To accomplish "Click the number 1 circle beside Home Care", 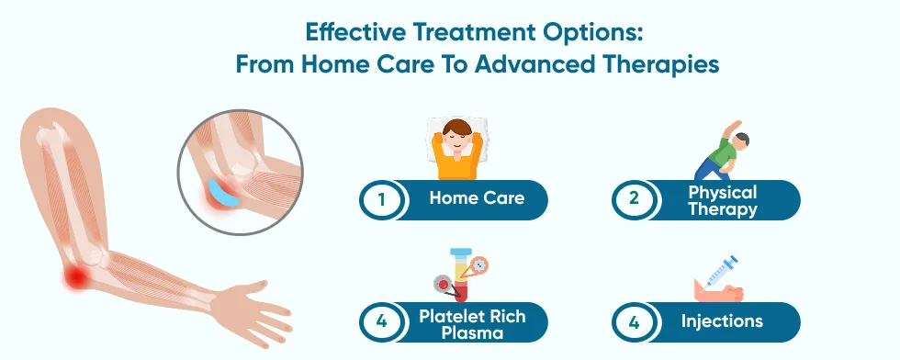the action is coord(382,200).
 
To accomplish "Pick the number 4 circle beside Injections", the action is coord(634,322).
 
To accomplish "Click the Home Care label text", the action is coord(477,198).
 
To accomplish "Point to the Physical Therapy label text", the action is coord(723,200).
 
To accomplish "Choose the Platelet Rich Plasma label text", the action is coord(472,324).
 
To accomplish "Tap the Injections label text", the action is coord(722,321).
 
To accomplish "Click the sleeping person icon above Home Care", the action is coord(456,149).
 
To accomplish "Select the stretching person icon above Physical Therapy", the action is coord(722,151).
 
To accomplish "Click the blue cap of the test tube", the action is coord(461,252).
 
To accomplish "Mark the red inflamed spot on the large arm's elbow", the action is coord(75,278).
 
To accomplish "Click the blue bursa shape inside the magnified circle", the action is coord(222,193).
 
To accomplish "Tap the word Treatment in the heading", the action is coord(471,32).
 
